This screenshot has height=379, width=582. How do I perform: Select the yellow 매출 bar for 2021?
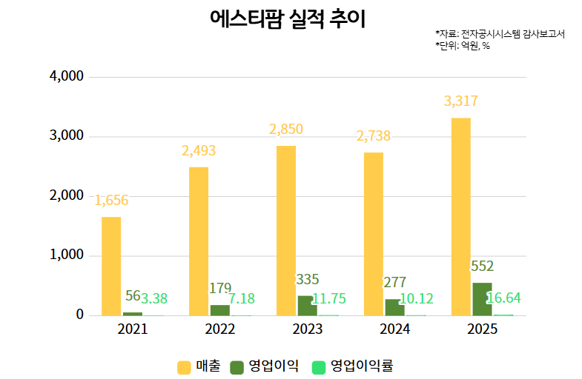[x=111, y=266]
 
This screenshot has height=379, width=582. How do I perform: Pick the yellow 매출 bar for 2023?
[x=286, y=230]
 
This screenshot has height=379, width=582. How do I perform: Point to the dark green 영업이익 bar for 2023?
[x=307, y=306]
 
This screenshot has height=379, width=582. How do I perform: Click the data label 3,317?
[x=460, y=101]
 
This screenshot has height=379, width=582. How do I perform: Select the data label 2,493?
[x=199, y=151]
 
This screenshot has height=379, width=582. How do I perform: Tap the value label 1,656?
[x=111, y=201]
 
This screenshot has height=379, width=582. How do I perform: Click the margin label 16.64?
[x=503, y=298]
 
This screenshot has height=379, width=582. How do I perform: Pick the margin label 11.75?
[x=328, y=299]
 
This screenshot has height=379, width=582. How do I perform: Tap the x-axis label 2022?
[x=220, y=329]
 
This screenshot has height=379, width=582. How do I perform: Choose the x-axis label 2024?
[x=395, y=329]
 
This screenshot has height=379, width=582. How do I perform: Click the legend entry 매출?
[x=199, y=366]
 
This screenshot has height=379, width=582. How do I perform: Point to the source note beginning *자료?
[x=500, y=34]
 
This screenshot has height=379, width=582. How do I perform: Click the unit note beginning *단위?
[x=463, y=46]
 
